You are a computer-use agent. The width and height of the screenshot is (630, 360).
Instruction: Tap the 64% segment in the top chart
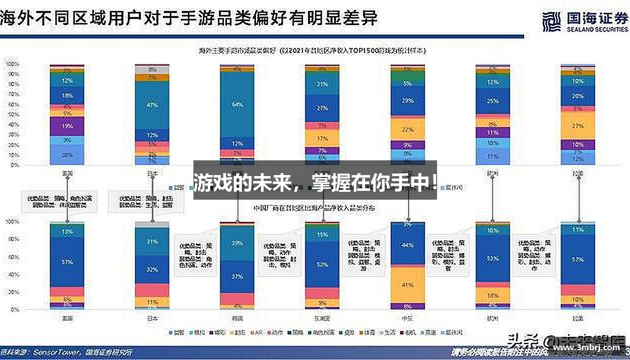click(237, 104)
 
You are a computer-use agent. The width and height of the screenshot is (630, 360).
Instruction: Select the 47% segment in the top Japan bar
click(153, 105)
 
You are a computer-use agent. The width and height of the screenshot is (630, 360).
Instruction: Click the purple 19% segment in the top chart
click(67, 126)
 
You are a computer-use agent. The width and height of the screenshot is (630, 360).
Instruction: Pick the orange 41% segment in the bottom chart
click(408, 285)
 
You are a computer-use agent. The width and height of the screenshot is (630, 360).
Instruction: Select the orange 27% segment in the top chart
click(578, 126)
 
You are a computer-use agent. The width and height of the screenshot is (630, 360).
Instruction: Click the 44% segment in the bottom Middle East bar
click(408, 245)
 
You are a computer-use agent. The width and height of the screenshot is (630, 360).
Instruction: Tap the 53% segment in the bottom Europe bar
click(493, 258)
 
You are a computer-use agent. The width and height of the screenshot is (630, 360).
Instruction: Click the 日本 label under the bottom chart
click(153, 318)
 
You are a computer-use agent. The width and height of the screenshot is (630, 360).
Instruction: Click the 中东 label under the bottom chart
click(408, 318)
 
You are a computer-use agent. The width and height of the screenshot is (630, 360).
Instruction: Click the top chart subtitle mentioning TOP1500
click(312, 51)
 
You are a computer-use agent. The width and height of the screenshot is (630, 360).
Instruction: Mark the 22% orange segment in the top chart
click(408, 129)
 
